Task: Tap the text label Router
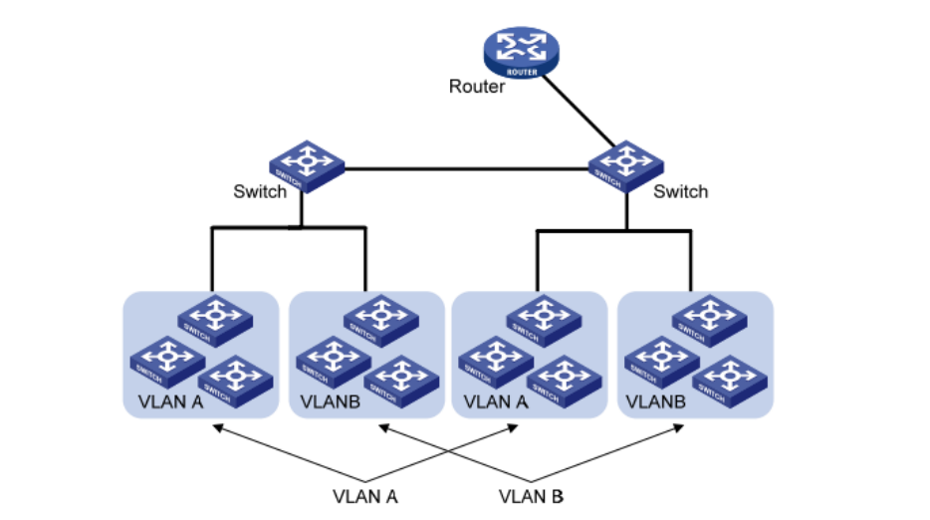tap(477, 87)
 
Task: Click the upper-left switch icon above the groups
tap(306, 164)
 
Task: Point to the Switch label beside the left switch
tap(260, 191)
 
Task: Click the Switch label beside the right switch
tap(680, 191)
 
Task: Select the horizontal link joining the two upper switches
tap(466, 169)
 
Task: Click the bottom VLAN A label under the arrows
tap(365, 494)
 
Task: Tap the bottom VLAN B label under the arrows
tap(532, 494)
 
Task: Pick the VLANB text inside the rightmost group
tap(654, 404)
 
